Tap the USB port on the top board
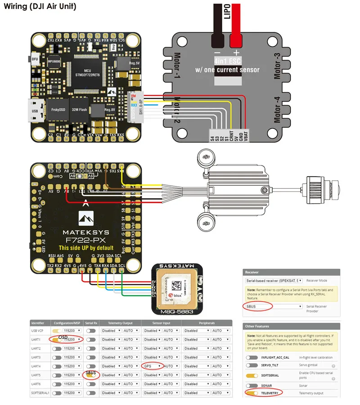[x=36, y=110]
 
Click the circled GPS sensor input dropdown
[x=152, y=366]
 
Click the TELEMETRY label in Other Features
[x=271, y=393]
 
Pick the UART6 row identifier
[x=36, y=384]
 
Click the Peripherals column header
[x=207, y=323]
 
